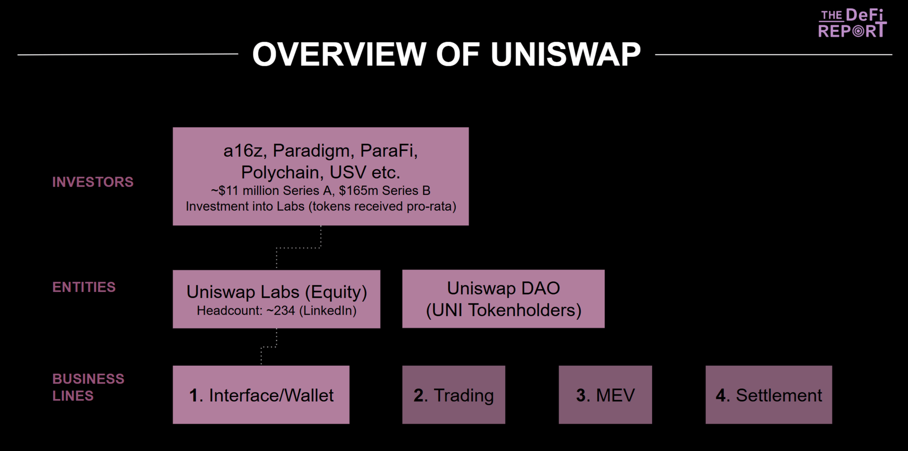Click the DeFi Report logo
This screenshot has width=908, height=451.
pyautogui.click(x=852, y=23)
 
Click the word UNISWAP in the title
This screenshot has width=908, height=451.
pyautogui.click(x=565, y=54)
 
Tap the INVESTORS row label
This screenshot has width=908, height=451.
pyautogui.click(x=93, y=182)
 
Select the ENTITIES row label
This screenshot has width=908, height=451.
pyautogui.click(x=84, y=287)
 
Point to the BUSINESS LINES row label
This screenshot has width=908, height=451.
pyautogui.click(x=88, y=387)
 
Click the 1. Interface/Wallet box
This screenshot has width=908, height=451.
pyautogui.click(x=261, y=395)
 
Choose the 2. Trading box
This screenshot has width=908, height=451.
pyautogui.click(x=454, y=395)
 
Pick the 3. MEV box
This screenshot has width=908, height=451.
pyautogui.click(x=605, y=395)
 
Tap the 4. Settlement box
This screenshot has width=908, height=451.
pyautogui.click(x=768, y=395)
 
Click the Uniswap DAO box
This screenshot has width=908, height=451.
pyautogui.click(x=503, y=299)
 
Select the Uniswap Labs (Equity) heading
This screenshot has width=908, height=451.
pyautogui.click(x=277, y=292)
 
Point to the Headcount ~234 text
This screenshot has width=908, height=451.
pyautogui.click(x=277, y=311)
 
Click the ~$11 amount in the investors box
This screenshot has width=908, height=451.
pyautogui.click(x=225, y=191)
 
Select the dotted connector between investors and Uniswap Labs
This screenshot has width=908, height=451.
pyautogui.click(x=299, y=248)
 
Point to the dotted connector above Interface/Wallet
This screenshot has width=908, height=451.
pyautogui.click(x=269, y=347)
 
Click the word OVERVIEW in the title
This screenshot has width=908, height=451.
pyautogui.click(x=339, y=54)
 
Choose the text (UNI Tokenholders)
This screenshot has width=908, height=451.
pyautogui.click(x=504, y=310)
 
